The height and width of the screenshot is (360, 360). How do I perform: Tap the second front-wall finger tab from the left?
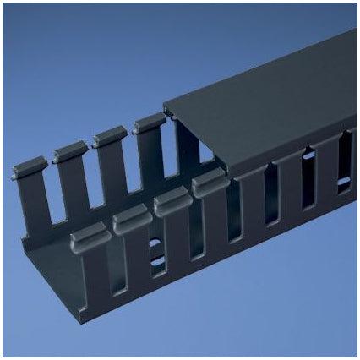(131, 219)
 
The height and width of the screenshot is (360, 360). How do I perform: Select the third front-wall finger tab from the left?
(171, 201)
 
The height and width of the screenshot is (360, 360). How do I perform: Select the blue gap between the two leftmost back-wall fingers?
(52, 190)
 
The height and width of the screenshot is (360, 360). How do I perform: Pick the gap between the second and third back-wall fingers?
(90, 173)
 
